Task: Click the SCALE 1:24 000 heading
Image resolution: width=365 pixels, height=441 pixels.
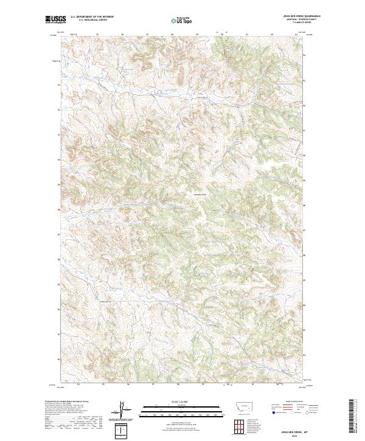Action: click(x=176, y=402)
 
